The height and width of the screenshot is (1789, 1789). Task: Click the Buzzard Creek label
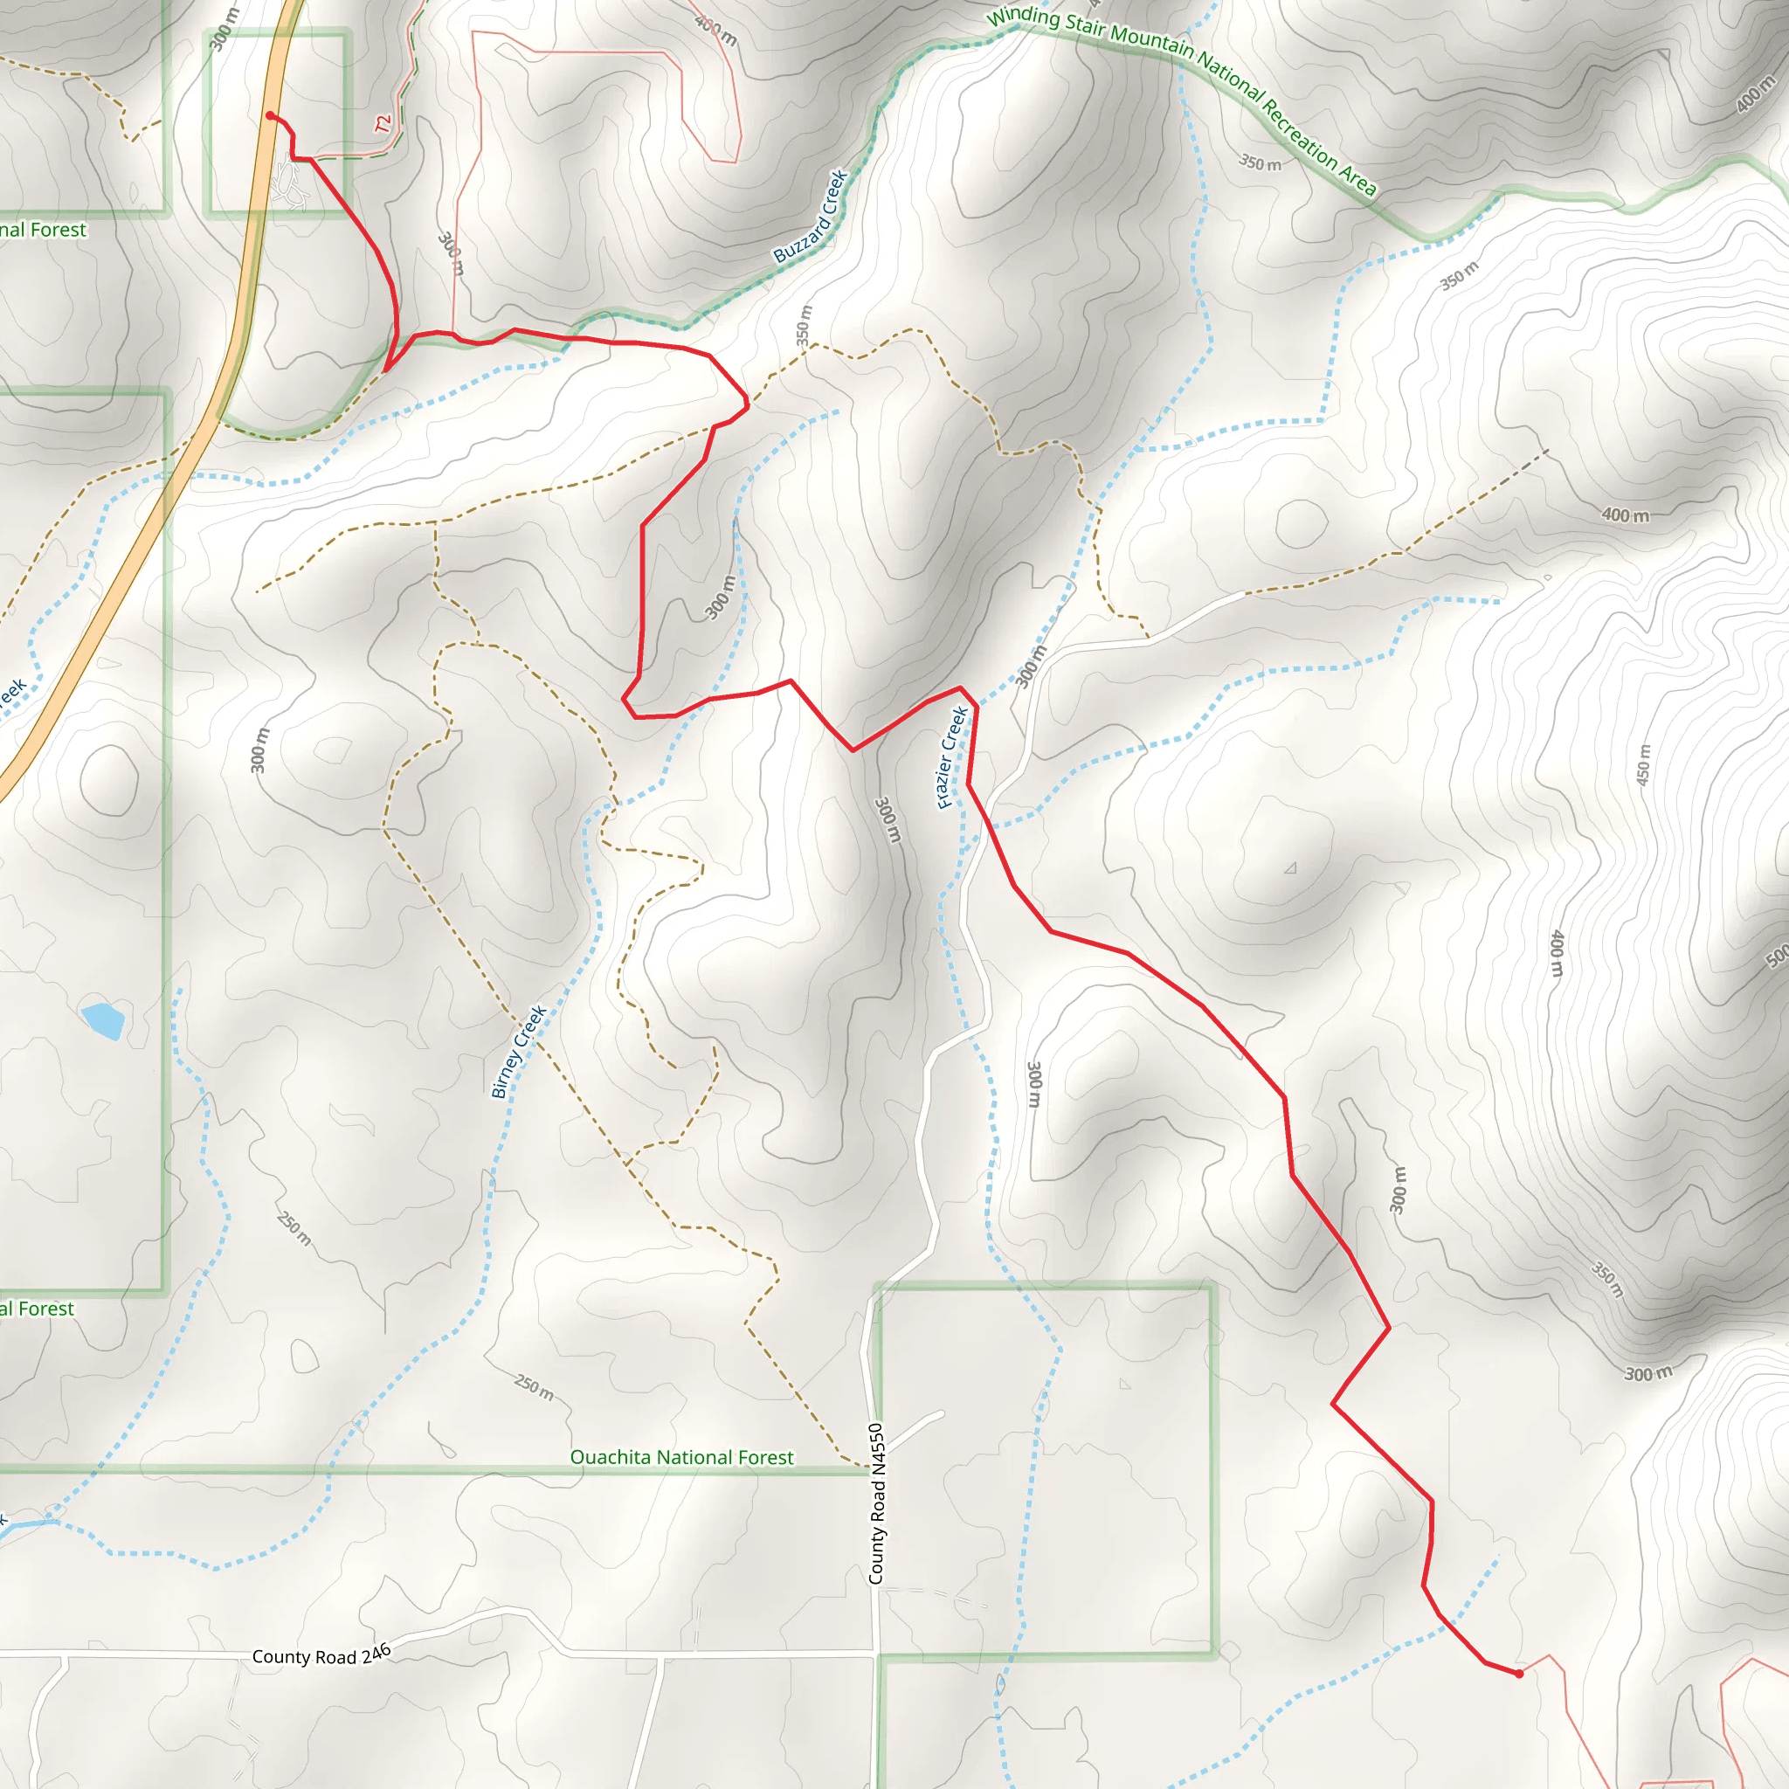[x=812, y=216]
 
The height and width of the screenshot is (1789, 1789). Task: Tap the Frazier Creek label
[x=952, y=756]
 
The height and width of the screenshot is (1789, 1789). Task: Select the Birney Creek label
[x=519, y=1052]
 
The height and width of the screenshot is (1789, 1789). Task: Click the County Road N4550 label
[x=877, y=1504]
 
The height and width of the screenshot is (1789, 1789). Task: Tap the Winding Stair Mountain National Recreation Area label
[x=1181, y=100]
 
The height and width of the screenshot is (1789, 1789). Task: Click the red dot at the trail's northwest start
[x=269, y=116]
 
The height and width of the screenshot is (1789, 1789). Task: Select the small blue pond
[x=104, y=1020]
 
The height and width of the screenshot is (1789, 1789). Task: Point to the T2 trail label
[x=383, y=123]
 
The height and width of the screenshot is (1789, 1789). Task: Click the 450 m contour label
[x=1644, y=765]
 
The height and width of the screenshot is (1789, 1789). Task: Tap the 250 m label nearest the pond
[x=294, y=1228]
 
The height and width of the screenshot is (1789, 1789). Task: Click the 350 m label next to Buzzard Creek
[x=804, y=325]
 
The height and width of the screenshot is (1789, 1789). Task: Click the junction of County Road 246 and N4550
[x=876, y=1651]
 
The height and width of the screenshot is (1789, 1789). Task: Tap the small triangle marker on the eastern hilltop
[x=1290, y=867]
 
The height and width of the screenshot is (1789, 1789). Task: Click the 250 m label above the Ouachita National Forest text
[x=535, y=1387]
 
